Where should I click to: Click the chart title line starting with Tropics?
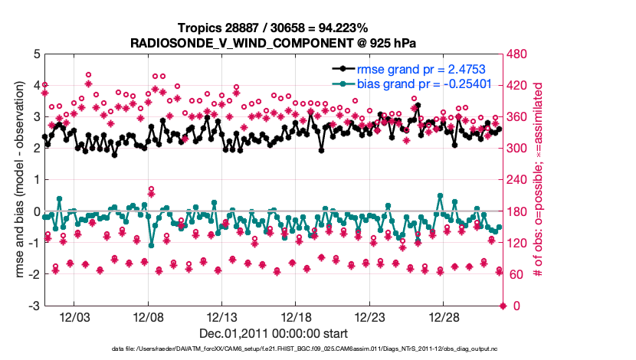coord(274,28)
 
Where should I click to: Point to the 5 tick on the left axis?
coord(36,54)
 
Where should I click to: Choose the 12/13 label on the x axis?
coord(222,317)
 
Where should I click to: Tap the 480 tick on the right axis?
coord(516,54)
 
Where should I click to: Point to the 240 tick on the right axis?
coord(516,181)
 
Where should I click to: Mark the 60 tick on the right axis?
coord(513,275)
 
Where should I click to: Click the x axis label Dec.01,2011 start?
coord(274,333)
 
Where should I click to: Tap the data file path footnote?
coord(274,350)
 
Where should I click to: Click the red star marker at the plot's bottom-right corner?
coord(503,306)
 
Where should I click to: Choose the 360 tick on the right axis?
coord(516,117)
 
